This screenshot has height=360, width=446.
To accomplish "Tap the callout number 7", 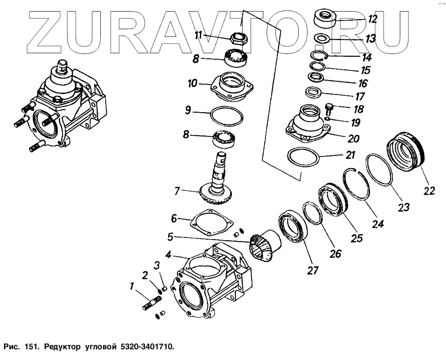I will click(x=177, y=192).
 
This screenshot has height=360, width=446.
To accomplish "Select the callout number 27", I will click(x=313, y=270).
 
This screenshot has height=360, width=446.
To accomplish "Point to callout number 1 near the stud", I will click(x=132, y=286).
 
